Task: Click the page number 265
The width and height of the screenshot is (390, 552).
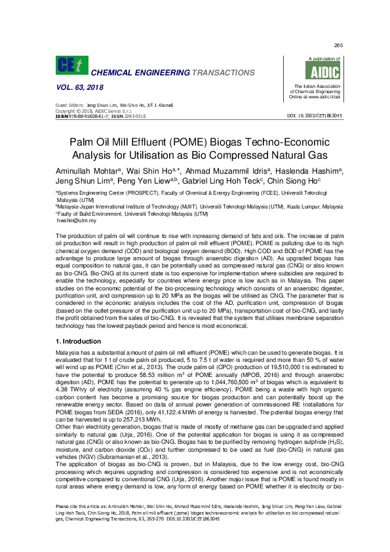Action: coord(338,45)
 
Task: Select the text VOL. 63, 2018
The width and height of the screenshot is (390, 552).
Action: coord(78,87)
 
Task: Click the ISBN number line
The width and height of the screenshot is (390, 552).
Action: coord(100,115)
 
